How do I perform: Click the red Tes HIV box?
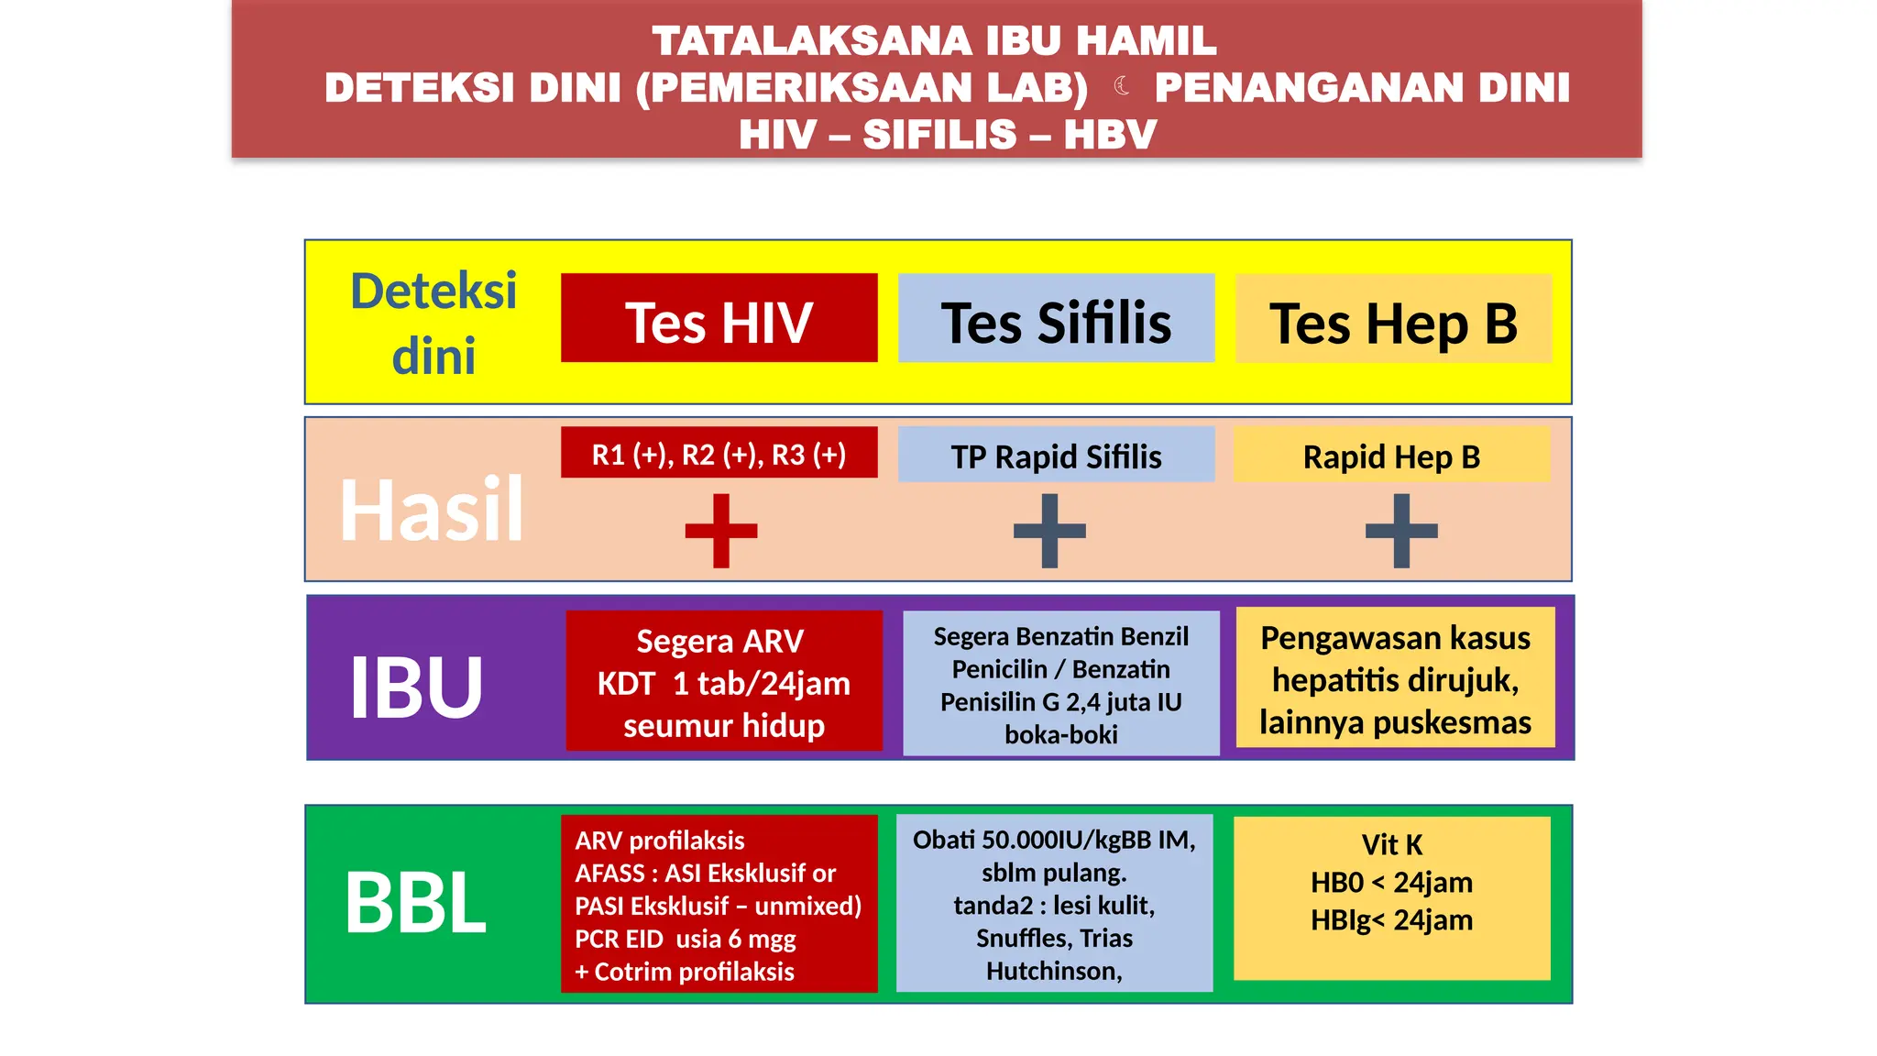pos(719,319)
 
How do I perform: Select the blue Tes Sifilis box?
pos(1056,319)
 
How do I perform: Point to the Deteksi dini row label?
pos(434,323)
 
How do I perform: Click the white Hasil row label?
pos(431,510)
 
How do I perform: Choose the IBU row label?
pos(416,687)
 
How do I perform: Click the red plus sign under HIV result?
pos(721,531)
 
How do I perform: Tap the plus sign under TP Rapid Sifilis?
pos(1049,531)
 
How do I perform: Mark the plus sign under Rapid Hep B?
pos(1401,531)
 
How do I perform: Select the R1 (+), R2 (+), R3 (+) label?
pos(719,454)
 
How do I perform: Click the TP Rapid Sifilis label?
pos(1056,456)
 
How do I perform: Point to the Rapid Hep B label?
pos(1391,456)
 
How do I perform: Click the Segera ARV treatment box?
pos(723,682)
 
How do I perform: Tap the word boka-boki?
pos(1060,734)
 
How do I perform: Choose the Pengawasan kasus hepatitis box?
pos(1395,679)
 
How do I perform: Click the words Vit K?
pos(1391,843)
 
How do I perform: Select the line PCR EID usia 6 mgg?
pos(685,939)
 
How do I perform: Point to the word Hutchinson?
pos(1053,971)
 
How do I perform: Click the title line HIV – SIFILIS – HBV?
pos(948,135)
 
